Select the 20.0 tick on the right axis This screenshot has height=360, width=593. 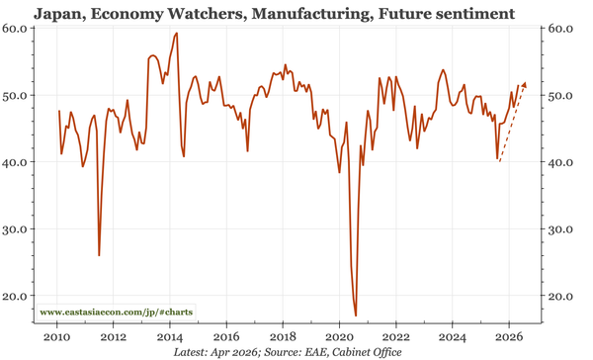(x=562, y=296)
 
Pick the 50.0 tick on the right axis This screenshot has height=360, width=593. (x=562, y=96)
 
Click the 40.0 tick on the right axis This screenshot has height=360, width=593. (x=562, y=162)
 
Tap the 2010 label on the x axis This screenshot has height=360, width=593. (x=56, y=335)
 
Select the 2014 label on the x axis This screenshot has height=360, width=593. (x=170, y=335)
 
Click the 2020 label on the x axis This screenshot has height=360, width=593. (x=340, y=335)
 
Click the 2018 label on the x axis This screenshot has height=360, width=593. (x=284, y=335)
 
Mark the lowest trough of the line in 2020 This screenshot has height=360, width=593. (x=355, y=315)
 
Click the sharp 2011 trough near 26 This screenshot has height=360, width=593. (x=99, y=255)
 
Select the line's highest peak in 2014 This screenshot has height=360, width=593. (x=176, y=34)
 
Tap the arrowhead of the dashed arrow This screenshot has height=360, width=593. (x=524, y=85)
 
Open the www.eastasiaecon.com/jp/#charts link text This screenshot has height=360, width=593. (x=116, y=313)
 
